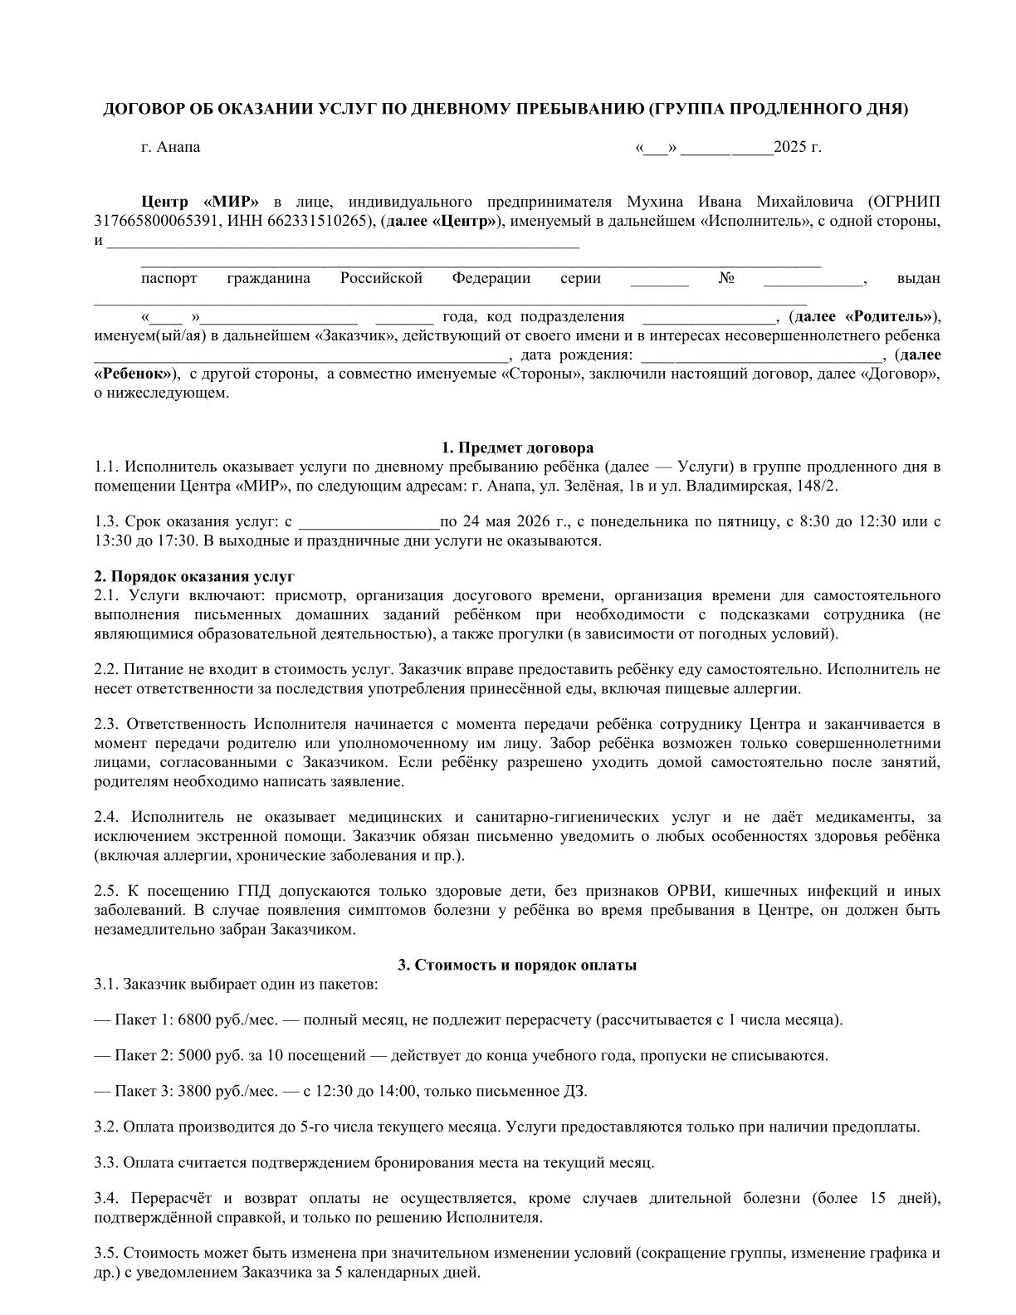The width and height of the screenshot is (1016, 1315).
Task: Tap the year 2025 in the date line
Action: [x=789, y=148]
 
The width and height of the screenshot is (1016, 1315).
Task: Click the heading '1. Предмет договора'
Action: [x=517, y=448]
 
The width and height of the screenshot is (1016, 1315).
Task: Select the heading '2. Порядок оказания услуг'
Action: [x=194, y=576]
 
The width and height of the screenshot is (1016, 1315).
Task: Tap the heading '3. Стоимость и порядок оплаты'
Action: [x=517, y=965]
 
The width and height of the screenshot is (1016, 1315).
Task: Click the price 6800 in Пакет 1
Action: [x=194, y=1019]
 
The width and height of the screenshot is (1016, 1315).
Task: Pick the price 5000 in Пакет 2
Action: [x=194, y=1056]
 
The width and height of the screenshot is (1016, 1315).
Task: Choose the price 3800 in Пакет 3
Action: [x=194, y=1091]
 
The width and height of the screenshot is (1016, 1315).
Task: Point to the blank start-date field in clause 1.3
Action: [x=368, y=523]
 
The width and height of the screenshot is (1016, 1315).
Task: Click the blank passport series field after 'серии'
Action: [x=659, y=280]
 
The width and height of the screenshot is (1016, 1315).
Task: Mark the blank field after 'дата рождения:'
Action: [x=761, y=356]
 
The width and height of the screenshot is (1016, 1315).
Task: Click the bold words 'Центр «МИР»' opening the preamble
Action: [x=200, y=202]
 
